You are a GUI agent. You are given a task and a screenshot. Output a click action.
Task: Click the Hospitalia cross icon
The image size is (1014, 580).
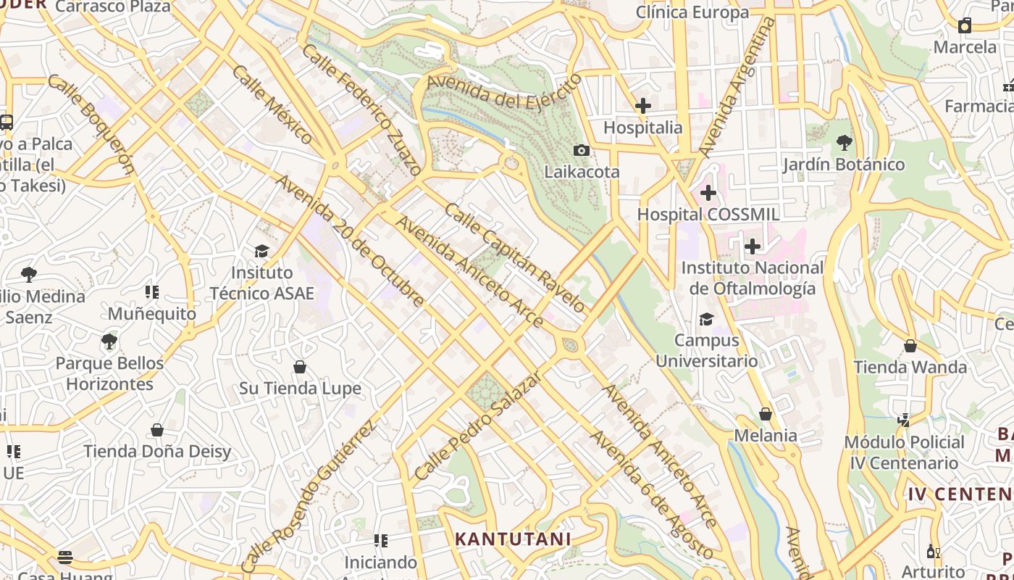pyautogui.click(x=642, y=106)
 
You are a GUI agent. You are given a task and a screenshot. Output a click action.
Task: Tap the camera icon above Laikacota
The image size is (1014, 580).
pyautogui.click(x=581, y=151)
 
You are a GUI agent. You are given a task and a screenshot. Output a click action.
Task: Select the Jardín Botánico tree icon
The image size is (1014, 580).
pyautogui.click(x=844, y=143)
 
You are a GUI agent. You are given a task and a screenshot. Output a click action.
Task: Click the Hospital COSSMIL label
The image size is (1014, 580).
pyautogui.click(x=708, y=215)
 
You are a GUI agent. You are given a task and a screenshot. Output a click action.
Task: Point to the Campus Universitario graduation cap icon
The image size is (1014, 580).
pyautogui.click(x=706, y=319)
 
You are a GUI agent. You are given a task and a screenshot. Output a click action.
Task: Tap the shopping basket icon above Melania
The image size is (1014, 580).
pyautogui.click(x=766, y=414)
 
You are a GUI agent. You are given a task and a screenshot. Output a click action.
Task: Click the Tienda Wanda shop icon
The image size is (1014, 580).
pyautogui.click(x=910, y=346)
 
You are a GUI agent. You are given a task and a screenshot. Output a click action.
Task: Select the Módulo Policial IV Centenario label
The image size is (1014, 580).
pyautogui.click(x=904, y=452)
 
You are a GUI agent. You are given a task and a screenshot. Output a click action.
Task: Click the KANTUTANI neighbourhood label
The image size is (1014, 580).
pyautogui.click(x=513, y=539)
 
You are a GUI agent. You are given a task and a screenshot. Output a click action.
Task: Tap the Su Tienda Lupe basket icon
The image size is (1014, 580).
pyautogui.click(x=300, y=367)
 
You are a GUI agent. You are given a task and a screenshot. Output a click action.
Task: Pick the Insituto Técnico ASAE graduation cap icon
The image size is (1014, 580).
pyautogui.click(x=261, y=251)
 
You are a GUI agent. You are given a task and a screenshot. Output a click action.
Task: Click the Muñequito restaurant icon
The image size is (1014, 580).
pyautogui.click(x=152, y=292)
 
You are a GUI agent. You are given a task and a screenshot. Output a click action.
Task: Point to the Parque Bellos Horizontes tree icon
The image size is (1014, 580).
pyautogui.click(x=109, y=341)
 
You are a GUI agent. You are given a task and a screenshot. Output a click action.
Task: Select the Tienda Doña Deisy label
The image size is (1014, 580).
pyautogui.click(x=157, y=452)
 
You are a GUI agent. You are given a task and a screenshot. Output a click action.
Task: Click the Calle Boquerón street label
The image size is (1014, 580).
pyautogui.click(x=91, y=124)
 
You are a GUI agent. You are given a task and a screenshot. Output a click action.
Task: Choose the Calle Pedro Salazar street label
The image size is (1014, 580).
pyautogui.click(x=477, y=427)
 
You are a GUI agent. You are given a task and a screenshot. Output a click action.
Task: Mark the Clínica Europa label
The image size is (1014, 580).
pyautogui.click(x=692, y=12)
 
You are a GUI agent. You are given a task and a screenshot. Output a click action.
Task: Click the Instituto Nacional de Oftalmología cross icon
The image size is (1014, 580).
pyautogui.click(x=753, y=246)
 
